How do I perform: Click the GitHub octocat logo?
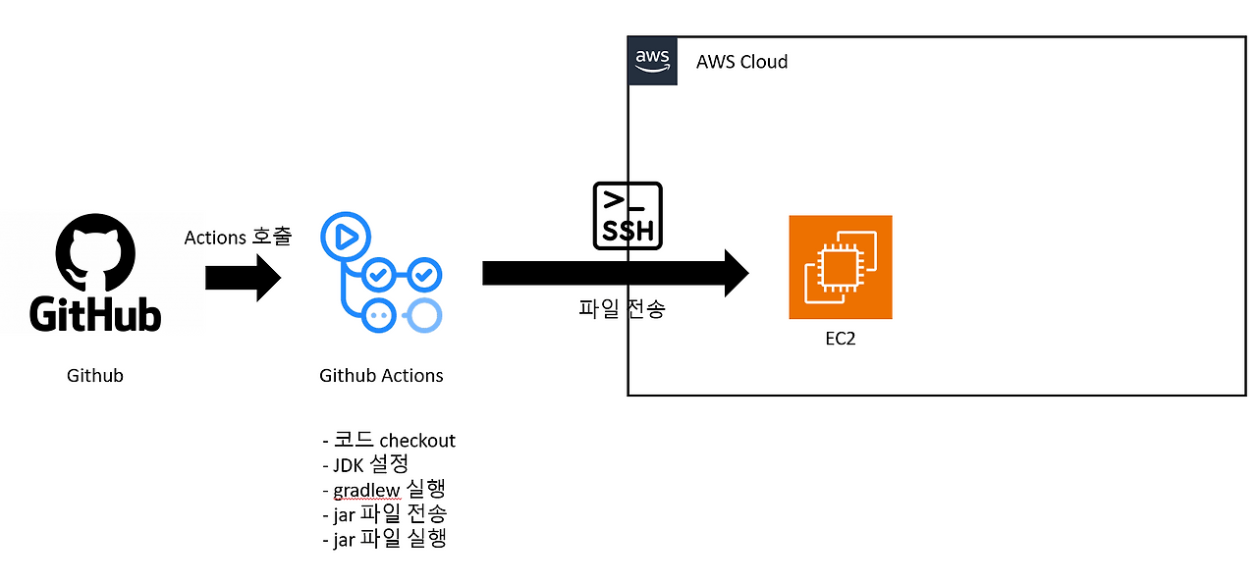94,251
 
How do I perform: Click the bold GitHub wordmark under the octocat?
94,314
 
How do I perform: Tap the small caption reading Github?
95,375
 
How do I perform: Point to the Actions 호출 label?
238,238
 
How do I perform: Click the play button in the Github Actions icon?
345,236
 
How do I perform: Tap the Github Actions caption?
381,375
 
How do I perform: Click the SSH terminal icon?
628,215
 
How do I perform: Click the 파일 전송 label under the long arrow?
621,310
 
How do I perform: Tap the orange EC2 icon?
841,267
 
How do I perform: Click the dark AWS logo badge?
652,61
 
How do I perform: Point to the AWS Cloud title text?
741,62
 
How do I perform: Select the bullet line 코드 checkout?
389,440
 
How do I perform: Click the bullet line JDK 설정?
364,463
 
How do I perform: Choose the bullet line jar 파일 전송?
384,513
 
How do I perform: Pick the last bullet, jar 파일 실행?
384,538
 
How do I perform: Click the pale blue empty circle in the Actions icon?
424,314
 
